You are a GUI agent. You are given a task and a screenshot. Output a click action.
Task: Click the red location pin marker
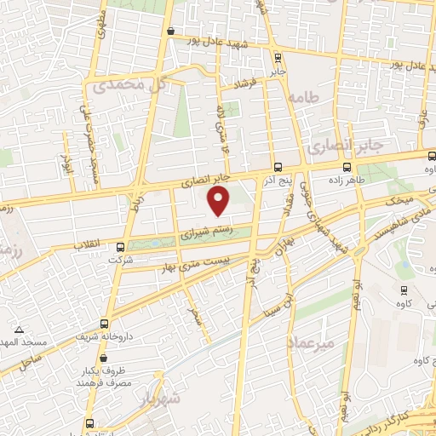tap(220, 201)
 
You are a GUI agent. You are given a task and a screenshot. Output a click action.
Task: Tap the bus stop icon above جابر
tap(278, 57)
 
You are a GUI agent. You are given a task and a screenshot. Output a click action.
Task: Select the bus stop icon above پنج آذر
tap(279, 166)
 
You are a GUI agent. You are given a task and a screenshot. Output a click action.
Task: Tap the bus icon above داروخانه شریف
tap(105, 324)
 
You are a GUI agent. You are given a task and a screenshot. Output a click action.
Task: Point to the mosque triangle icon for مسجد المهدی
tap(19, 329)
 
